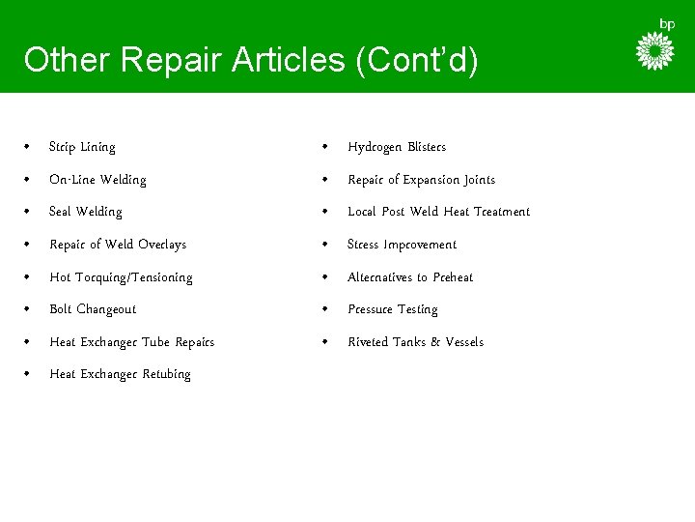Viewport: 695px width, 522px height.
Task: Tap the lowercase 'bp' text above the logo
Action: (667, 23)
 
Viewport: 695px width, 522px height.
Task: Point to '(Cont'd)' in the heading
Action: (416, 60)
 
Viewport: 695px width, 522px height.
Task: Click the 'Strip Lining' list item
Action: (82, 147)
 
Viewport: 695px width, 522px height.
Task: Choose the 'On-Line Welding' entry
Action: (97, 180)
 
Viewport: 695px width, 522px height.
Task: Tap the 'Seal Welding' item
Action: (86, 212)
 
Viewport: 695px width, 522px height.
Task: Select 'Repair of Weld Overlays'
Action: (118, 245)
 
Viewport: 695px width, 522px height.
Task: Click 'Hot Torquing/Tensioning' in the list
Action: (121, 277)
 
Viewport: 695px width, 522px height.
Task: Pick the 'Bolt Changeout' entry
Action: (93, 309)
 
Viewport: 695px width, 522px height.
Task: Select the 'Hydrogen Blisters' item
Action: (397, 147)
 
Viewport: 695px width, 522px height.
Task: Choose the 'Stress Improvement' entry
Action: (402, 245)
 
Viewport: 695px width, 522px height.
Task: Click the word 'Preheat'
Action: (453, 277)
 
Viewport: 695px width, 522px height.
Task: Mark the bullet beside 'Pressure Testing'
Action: (327, 309)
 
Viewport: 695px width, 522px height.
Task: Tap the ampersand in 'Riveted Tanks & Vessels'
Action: (433, 342)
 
